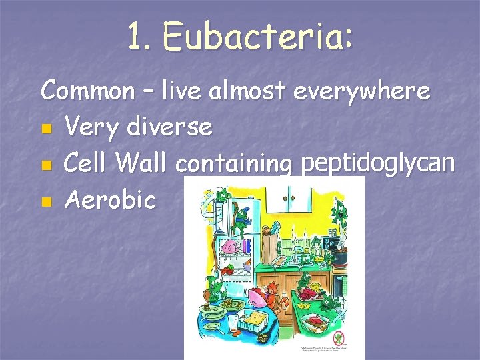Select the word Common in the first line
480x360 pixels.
pos(87,91)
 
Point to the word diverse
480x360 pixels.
pos(173,126)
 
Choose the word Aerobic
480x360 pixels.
pos(110,199)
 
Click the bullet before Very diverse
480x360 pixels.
pos(45,127)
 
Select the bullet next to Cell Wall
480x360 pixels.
pos(45,164)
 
